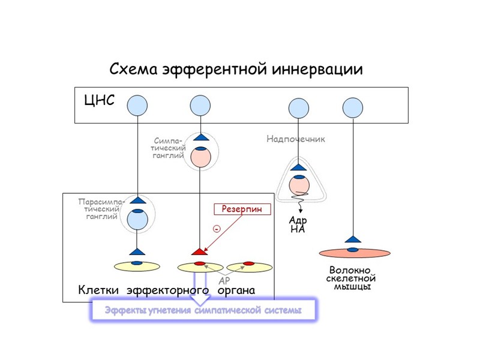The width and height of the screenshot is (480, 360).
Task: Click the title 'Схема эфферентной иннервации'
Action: pyautogui.click(x=236, y=69)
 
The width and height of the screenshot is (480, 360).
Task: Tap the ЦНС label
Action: pyautogui.click(x=99, y=100)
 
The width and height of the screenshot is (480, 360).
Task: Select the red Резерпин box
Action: pyautogui.click(x=242, y=209)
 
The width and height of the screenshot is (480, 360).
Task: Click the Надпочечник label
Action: pyautogui.click(x=296, y=139)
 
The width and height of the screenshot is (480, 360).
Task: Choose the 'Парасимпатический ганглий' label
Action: pyautogui.click(x=101, y=209)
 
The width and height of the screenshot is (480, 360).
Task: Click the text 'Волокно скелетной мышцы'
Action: pyautogui.click(x=352, y=278)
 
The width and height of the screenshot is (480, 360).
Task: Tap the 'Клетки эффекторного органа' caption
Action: pyautogui.click(x=167, y=290)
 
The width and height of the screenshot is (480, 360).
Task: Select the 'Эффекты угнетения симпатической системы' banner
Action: pyautogui.click(x=202, y=310)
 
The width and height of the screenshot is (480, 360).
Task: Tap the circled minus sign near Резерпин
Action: pyautogui.click(x=216, y=229)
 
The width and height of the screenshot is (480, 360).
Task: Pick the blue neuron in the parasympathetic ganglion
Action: pyautogui.click(x=137, y=219)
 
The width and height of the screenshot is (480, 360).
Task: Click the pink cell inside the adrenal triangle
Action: pyautogui.click(x=298, y=185)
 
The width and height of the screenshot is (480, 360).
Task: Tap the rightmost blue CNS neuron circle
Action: pyautogui.click(x=353, y=108)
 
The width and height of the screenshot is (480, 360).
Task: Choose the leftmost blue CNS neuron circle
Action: pyautogui.click(x=137, y=106)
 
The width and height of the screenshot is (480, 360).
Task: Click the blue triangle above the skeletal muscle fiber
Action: pyautogui.click(x=353, y=239)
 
